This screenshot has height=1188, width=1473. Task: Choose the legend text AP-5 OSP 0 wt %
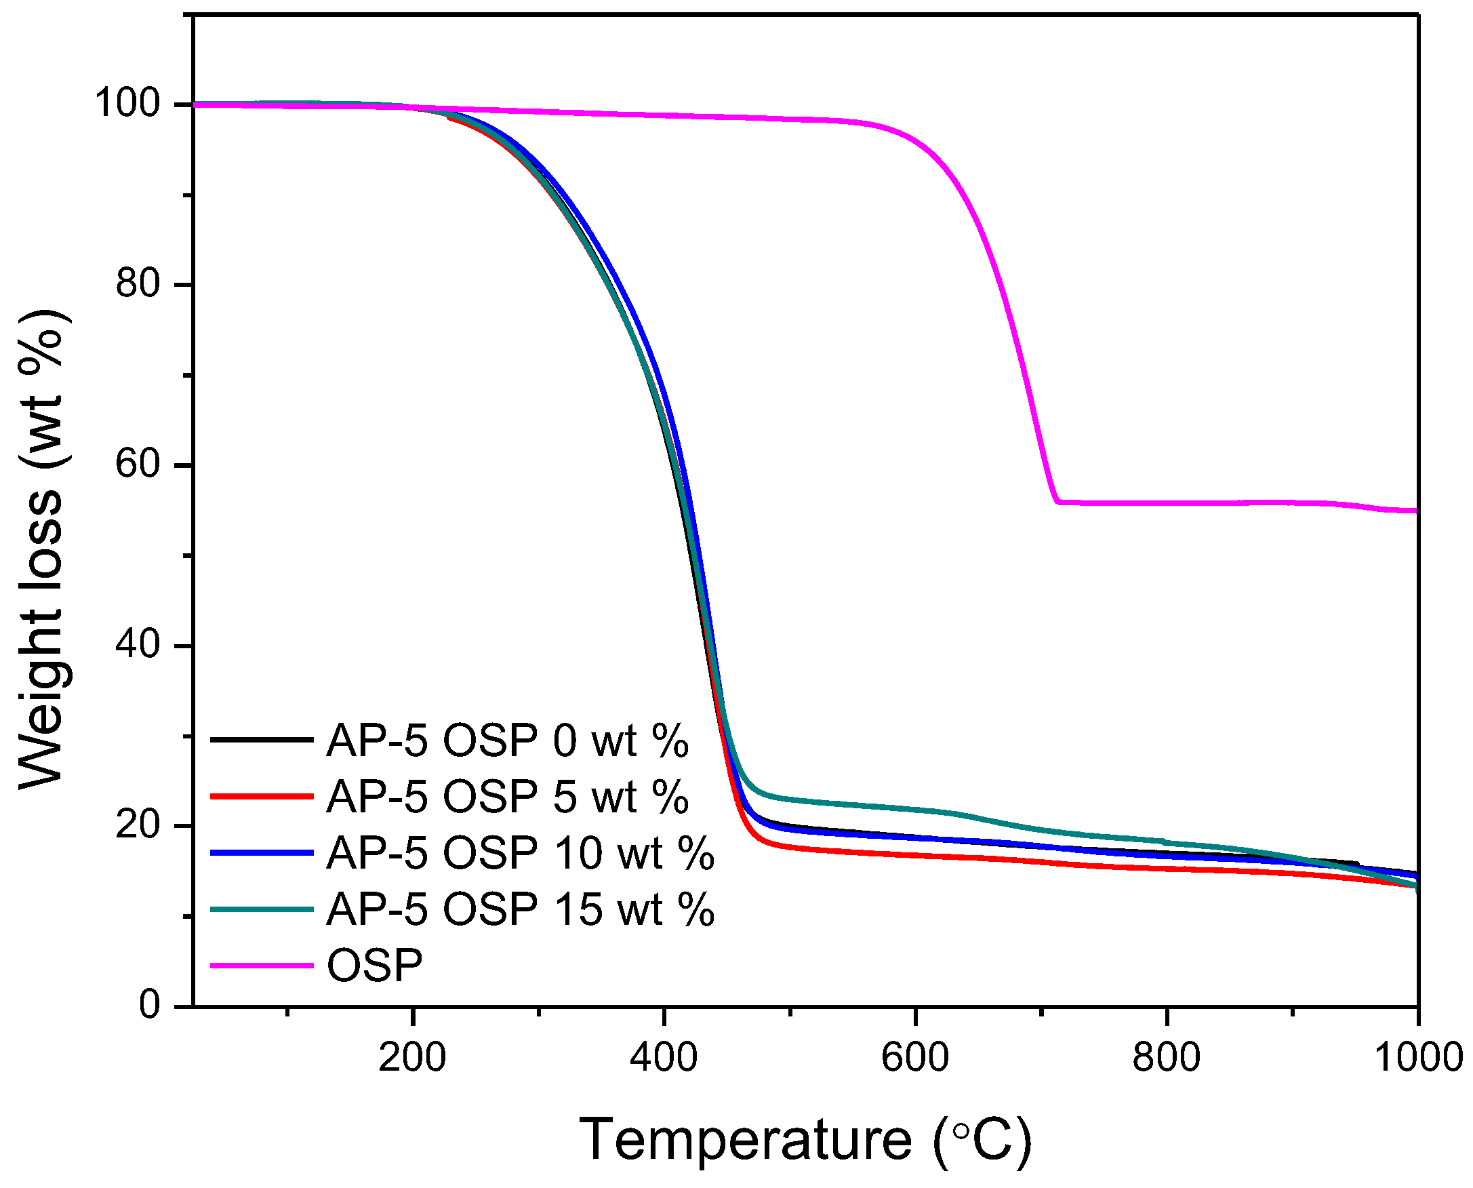(507, 740)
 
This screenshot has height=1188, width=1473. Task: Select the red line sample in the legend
(262, 796)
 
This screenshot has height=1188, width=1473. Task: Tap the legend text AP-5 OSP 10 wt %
(520, 853)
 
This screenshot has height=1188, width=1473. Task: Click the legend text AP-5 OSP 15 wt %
(520, 909)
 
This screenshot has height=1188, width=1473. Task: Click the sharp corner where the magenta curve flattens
(1057, 502)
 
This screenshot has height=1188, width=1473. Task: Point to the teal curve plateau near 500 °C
(794, 799)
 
